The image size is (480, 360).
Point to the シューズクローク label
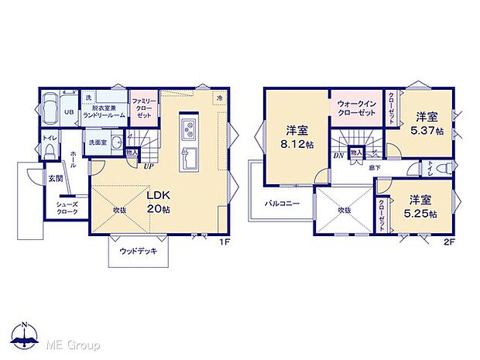coord(66,209)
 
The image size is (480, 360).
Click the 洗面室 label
coord(97,142)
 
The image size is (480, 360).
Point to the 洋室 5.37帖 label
coord(427,123)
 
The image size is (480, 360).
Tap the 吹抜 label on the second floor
coord(345,208)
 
